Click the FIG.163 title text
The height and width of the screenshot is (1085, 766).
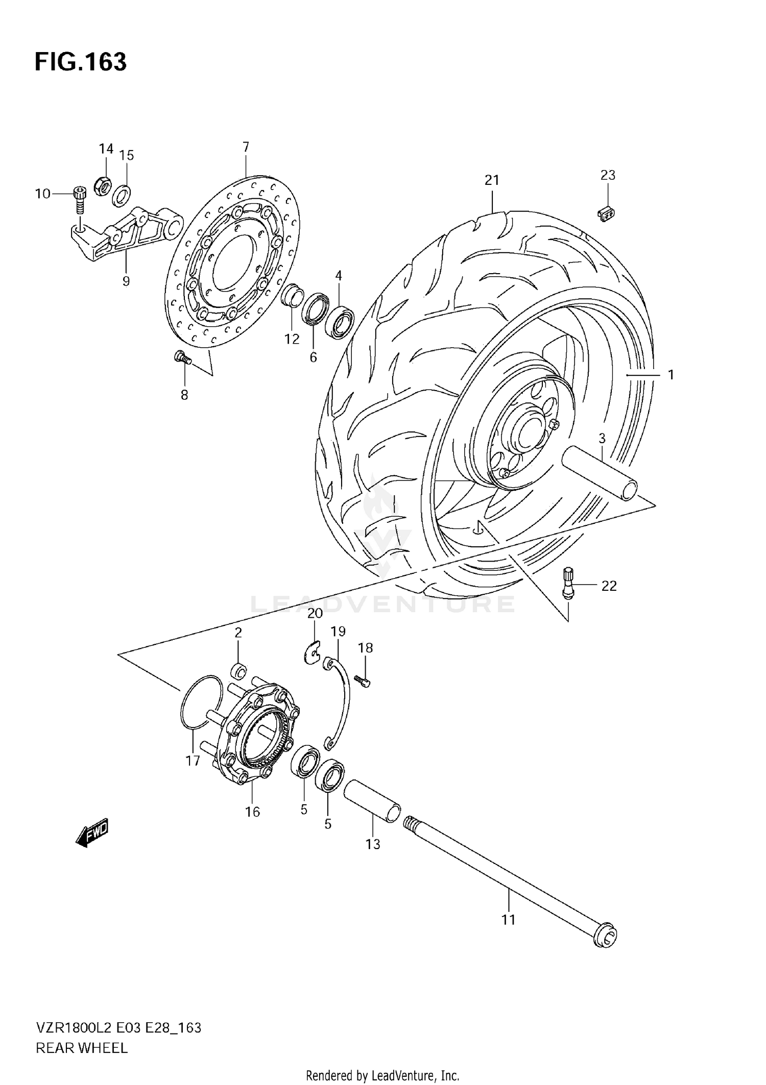[80, 62]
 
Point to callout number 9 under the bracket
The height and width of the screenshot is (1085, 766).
[126, 281]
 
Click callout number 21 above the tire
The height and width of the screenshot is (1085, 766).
[492, 180]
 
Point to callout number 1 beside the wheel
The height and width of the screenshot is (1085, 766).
[671, 375]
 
